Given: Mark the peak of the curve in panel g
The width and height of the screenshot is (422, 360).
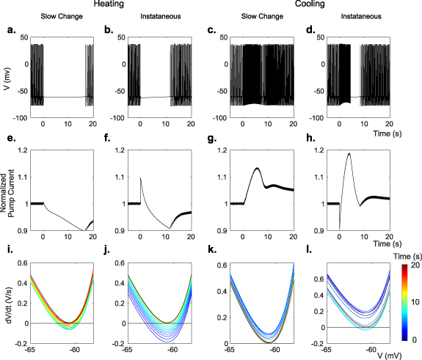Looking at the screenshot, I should (257, 169).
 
